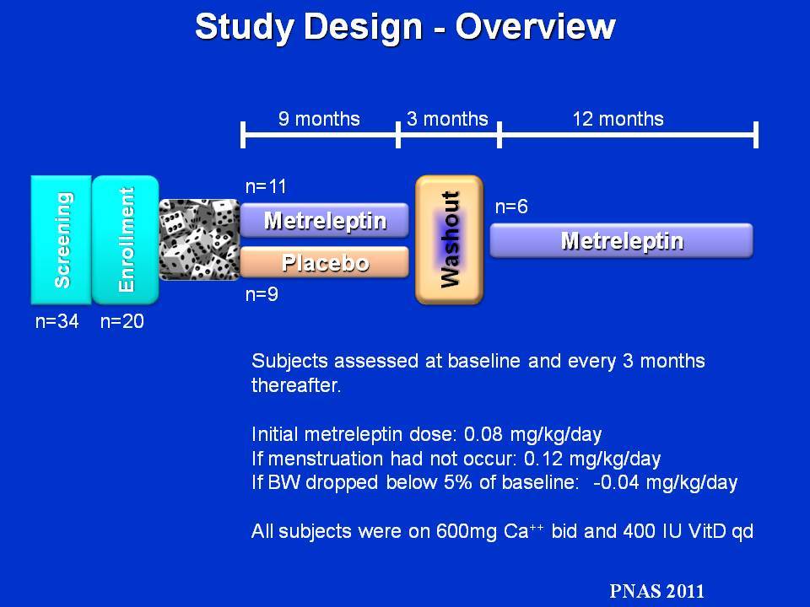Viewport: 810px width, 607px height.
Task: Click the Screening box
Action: (x=61, y=240)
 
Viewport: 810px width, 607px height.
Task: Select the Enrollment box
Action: (x=126, y=240)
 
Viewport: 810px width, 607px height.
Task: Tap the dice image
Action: (x=199, y=239)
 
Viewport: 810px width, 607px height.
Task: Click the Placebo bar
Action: (x=324, y=262)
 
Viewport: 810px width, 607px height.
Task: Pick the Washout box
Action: (x=450, y=240)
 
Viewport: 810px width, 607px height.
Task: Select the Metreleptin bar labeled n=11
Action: (x=324, y=220)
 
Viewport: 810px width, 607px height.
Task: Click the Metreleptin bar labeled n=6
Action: (x=622, y=240)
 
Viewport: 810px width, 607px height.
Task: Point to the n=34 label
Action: (x=57, y=321)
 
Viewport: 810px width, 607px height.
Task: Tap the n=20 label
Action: (x=121, y=321)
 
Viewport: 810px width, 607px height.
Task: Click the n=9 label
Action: (x=262, y=294)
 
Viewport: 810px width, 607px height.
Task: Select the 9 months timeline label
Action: (x=319, y=119)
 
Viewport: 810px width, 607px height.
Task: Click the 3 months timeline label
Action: (x=447, y=119)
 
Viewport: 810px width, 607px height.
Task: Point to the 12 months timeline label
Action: (x=618, y=119)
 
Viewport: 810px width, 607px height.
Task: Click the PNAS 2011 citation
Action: (x=656, y=590)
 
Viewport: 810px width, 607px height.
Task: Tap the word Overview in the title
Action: (x=535, y=26)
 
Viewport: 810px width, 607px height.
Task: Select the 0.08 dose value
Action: (x=483, y=434)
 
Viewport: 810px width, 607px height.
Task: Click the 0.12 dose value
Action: (x=543, y=459)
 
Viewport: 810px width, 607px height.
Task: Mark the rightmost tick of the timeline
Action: (x=756, y=135)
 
